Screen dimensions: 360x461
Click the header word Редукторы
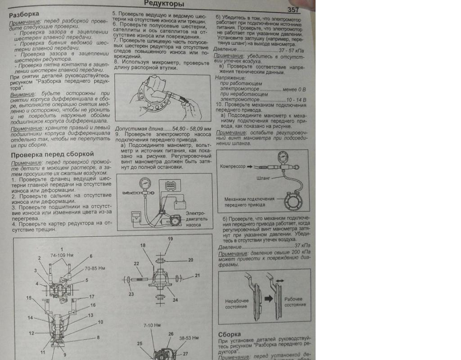coord(164,4)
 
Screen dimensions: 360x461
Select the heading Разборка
coord(24,14)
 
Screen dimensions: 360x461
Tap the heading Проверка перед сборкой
coord(52,154)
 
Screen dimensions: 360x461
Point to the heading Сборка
coord(230,334)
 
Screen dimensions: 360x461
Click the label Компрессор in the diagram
coord(233,166)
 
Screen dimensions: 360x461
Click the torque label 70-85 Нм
coord(95,269)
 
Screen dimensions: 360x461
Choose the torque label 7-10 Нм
coord(152,325)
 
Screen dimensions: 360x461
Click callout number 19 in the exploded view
coord(171,238)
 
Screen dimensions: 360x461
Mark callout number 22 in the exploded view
coord(136,263)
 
